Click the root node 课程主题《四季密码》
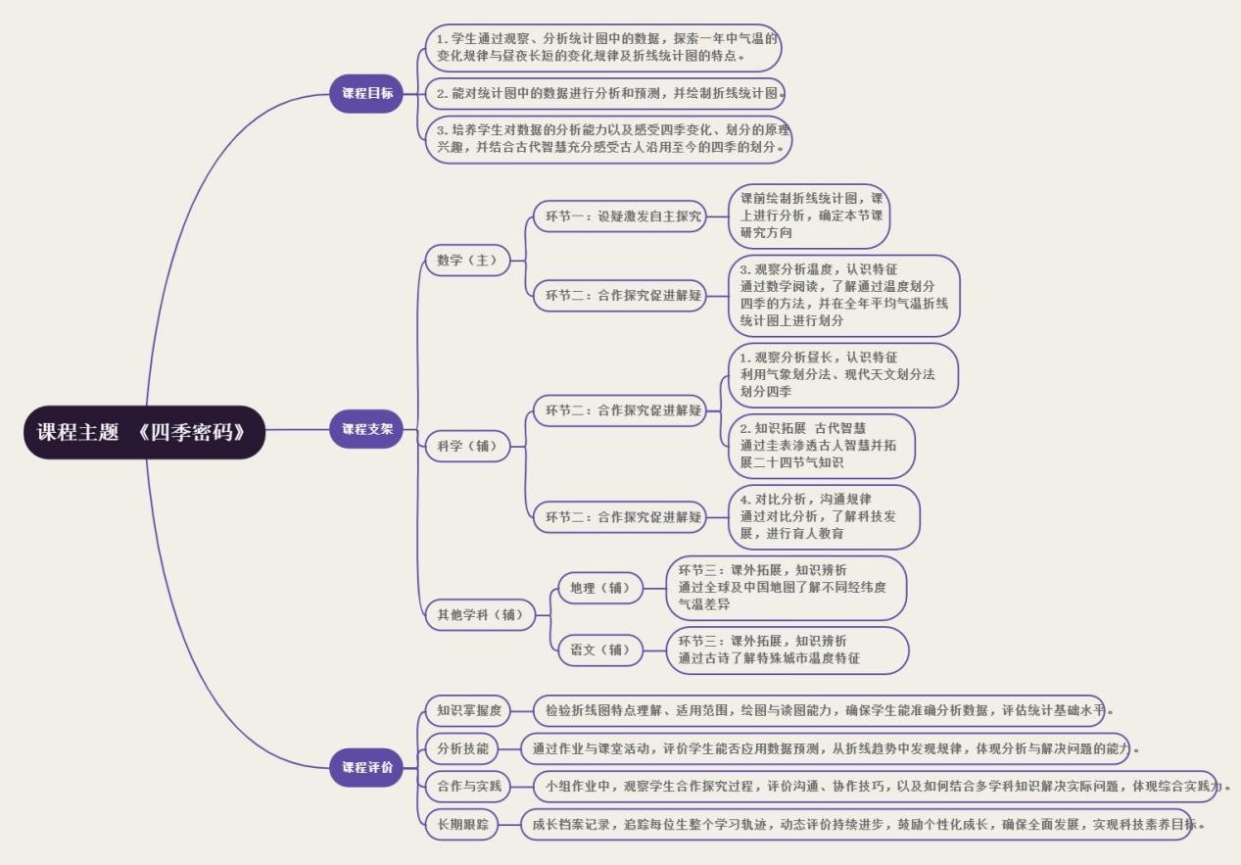click(144, 432)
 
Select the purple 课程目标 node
click(366, 94)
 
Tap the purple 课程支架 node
click(366, 429)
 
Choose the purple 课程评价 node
click(366, 767)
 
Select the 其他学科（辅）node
click(480, 616)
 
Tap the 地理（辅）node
click(600, 589)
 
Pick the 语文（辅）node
click(600, 649)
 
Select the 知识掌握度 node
click(468, 710)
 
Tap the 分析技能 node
click(461, 749)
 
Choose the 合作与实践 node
click(468, 787)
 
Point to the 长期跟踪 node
click(461, 824)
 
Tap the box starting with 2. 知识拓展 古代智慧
click(820, 446)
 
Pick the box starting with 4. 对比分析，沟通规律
click(823, 516)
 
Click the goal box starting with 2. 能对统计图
click(604, 94)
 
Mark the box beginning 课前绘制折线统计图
click(809, 216)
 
